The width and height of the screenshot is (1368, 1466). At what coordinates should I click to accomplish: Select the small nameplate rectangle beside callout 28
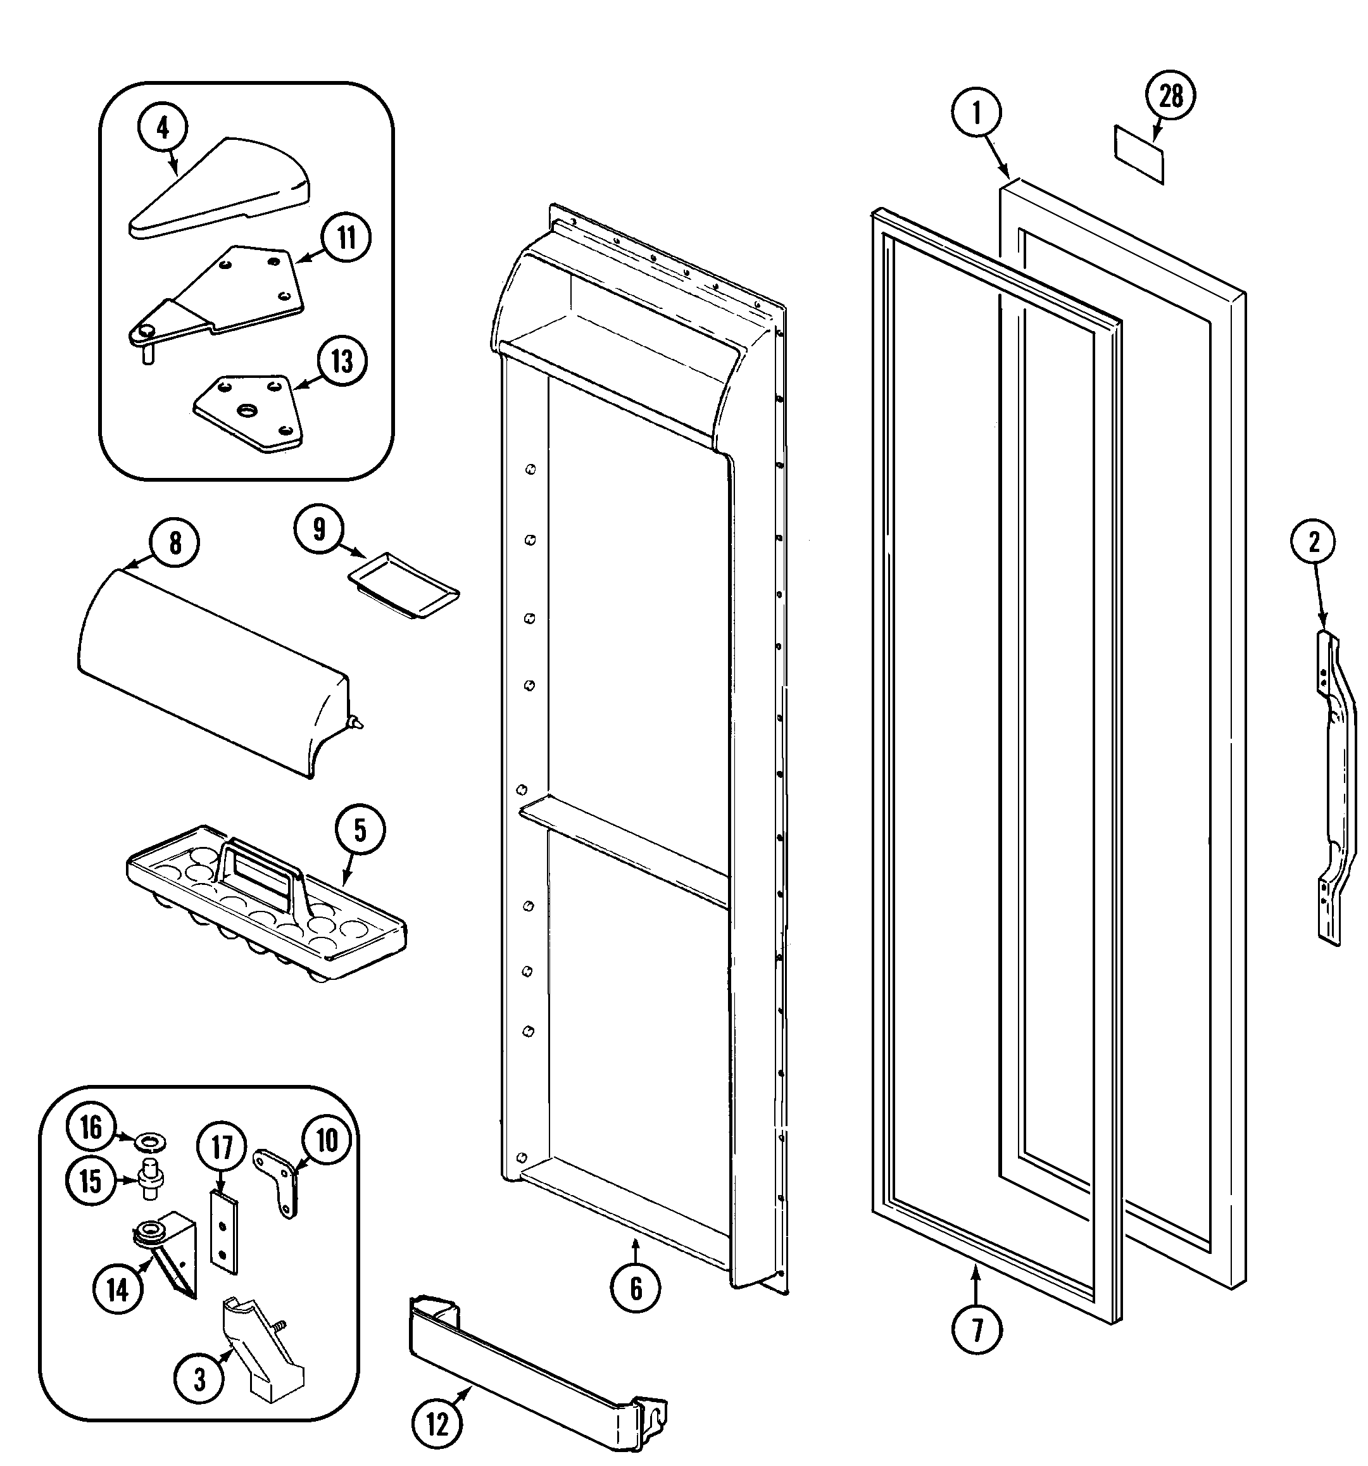coord(1139,153)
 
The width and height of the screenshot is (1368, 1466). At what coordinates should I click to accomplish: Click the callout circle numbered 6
coord(636,1287)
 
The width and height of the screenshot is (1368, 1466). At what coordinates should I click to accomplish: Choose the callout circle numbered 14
coord(118,1290)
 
